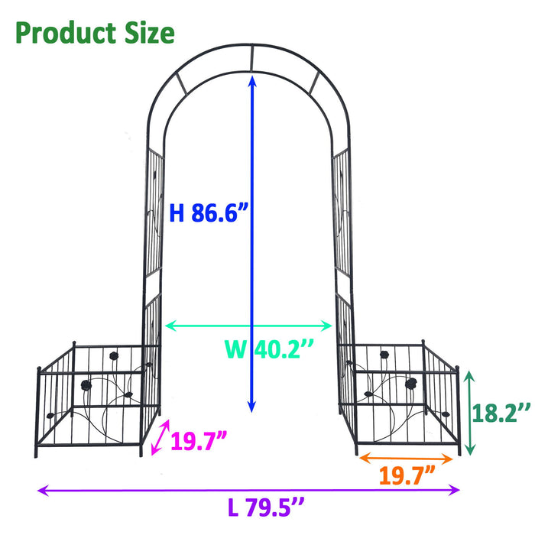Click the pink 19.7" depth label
click(x=199, y=441)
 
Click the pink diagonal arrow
click(x=160, y=439)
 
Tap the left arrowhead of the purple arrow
click(x=42, y=490)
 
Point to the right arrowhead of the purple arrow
click(x=456, y=490)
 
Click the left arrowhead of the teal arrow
click(x=169, y=326)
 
